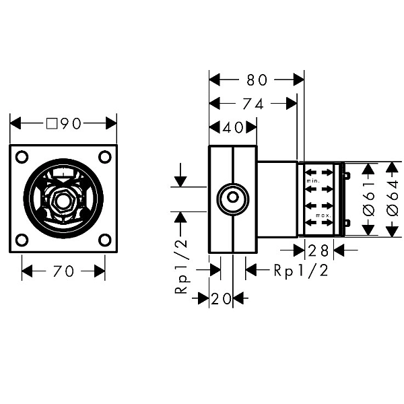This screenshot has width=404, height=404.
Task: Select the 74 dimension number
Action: pyautogui.click(x=253, y=104)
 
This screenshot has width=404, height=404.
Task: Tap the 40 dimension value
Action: pyautogui.click(x=233, y=127)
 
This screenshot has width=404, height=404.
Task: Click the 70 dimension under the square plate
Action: pyautogui.click(x=63, y=271)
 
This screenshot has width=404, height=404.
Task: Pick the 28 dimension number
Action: pyautogui.click(x=318, y=250)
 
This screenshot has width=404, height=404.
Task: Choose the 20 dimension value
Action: pyautogui.click(x=221, y=299)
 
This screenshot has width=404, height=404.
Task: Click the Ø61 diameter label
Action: pyautogui.click(x=369, y=199)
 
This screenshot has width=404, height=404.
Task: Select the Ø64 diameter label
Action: pyautogui.click(x=393, y=199)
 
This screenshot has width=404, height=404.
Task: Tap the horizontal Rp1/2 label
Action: pyautogui.click(x=301, y=271)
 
